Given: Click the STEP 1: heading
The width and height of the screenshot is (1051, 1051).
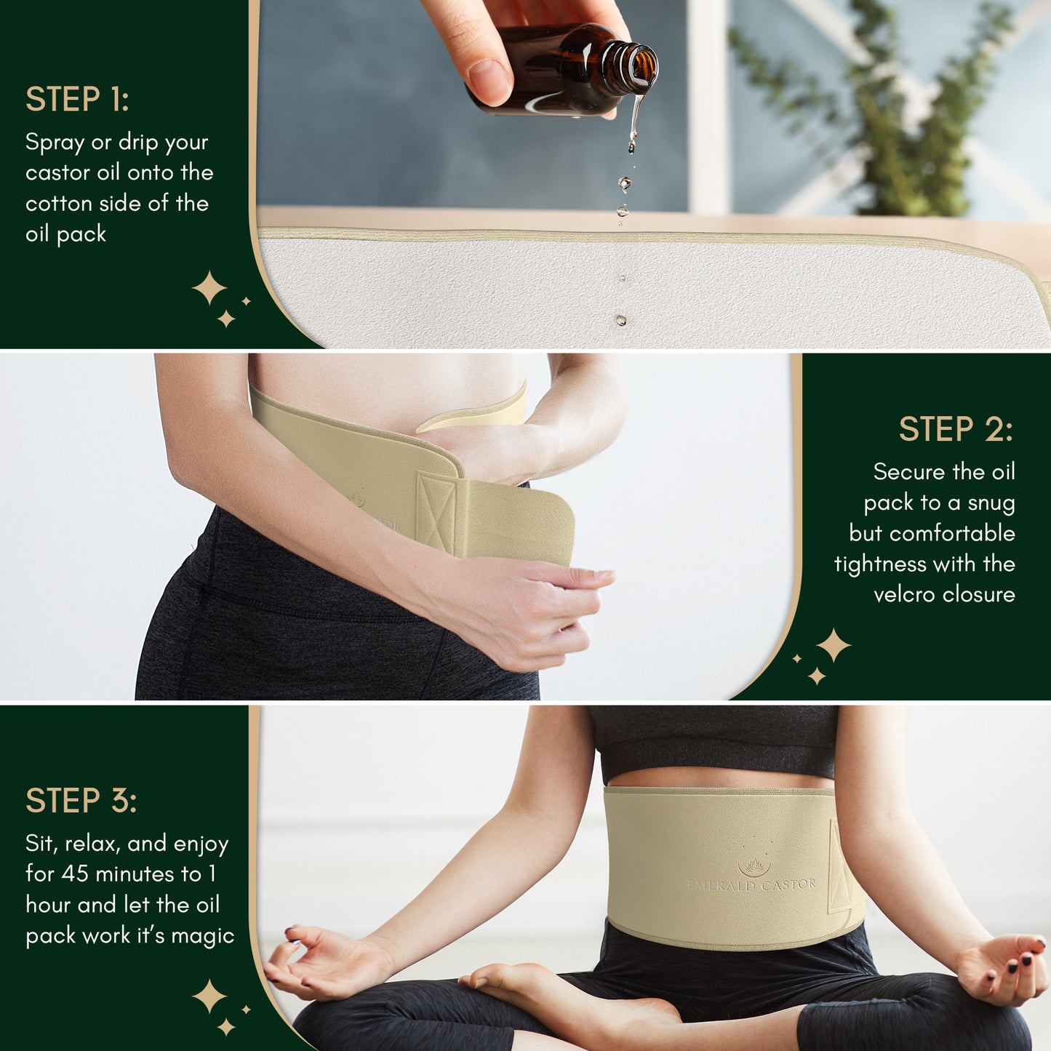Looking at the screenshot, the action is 77,99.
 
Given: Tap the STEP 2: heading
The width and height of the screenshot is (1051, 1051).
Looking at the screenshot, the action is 956,428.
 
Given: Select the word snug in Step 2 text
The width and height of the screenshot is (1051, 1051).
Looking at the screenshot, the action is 991,503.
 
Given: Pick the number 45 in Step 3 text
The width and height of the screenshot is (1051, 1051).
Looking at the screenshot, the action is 75,874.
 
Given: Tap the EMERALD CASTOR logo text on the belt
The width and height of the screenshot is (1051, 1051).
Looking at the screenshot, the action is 751,884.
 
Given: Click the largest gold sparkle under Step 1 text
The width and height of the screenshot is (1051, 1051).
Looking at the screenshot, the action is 209,288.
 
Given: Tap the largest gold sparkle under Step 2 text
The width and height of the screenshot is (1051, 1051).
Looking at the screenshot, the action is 834,645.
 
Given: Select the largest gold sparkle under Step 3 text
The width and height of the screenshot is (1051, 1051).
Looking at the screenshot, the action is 209,996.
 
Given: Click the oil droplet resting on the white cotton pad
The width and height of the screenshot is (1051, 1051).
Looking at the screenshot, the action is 620,319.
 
